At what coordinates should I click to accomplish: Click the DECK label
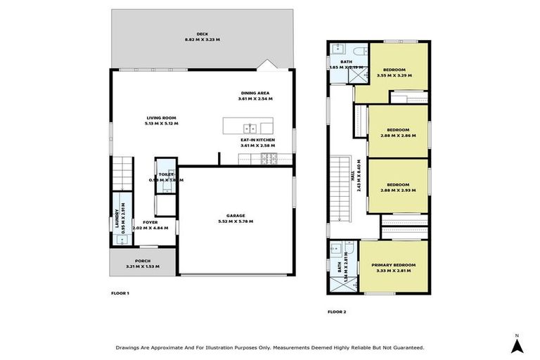pyautogui.click(x=202, y=34)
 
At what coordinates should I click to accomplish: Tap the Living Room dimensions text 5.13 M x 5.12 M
pyautogui.click(x=162, y=124)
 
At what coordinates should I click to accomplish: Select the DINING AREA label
pyautogui.click(x=254, y=93)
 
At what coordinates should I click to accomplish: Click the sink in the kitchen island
pyautogui.click(x=249, y=128)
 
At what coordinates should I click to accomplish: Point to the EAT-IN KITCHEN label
pyautogui.click(x=257, y=140)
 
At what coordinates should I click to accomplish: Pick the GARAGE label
pyautogui.click(x=236, y=216)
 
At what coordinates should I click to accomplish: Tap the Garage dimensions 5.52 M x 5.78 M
pyautogui.click(x=236, y=221)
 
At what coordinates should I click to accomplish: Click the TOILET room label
pyautogui.click(x=166, y=174)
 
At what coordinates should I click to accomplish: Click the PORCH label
pyautogui.click(x=143, y=262)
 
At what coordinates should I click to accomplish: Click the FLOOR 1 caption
pyautogui.click(x=120, y=292)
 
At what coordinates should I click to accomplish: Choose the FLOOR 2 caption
pyautogui.click(x=337, y=311)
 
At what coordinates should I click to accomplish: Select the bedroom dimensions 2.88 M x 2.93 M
pyautogui.click(x=394, y=191)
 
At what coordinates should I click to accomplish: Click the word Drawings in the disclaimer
pyautogui.click(x=129, y=347)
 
